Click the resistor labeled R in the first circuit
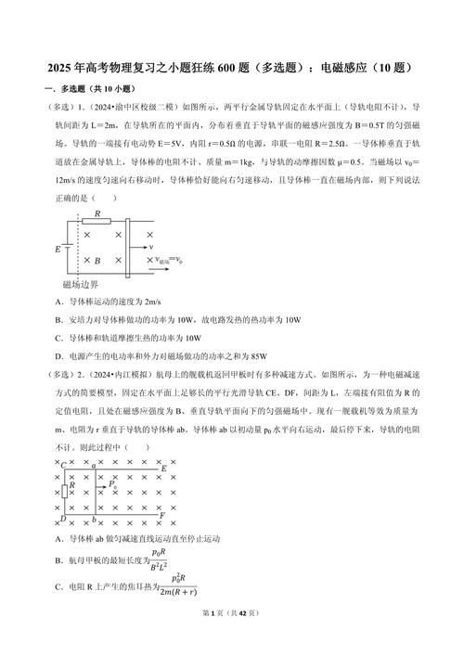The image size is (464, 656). click(x=97, y=221)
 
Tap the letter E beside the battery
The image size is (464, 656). click(x=58, y=250)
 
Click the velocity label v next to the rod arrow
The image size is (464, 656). click(x=150, y=248)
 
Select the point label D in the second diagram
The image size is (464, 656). click(x=62, y=520)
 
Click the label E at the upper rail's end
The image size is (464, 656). click(x=164, y=469)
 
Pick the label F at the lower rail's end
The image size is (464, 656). click(x=162, y=514)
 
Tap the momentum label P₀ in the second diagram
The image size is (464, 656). click(x=112, y=483)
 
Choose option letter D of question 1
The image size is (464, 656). click(x=58, y=354)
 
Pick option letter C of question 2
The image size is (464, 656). click(x=58, y=587)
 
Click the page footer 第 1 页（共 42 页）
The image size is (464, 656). click(x=231, y=639)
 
